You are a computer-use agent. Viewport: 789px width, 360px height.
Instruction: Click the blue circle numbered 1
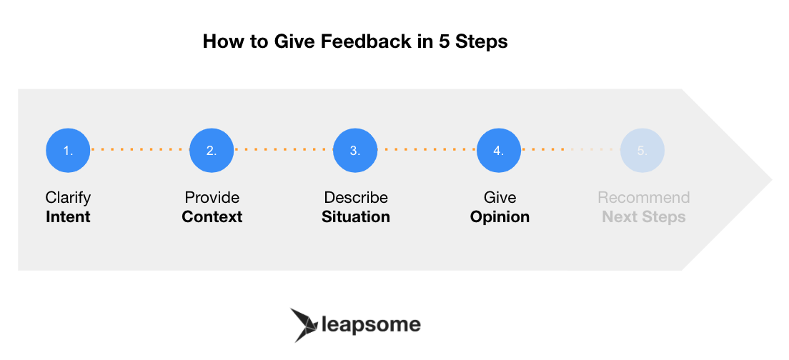pos(68,150)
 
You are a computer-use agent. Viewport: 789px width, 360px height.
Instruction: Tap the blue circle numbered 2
pos(212,150)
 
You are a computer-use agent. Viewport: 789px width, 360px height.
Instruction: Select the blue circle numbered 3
pos(355,150)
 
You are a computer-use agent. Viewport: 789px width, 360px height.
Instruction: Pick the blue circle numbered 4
pos(499,150)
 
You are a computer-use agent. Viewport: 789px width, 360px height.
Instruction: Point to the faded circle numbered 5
pos(642,150)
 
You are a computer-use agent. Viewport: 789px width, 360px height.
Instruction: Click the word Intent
pos(68,217)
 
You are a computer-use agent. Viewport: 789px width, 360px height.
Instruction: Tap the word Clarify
pos(68,198)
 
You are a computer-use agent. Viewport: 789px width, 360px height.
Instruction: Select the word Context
pos(212,217)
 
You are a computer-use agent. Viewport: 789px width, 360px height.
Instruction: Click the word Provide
pos(212,197)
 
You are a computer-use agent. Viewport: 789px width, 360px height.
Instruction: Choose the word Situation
pos(356,217)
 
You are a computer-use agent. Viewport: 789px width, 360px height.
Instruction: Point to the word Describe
pos(356,197)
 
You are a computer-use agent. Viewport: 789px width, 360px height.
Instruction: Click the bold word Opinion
pos(500,217)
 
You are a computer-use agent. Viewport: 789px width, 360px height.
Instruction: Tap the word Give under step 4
pos(500,197)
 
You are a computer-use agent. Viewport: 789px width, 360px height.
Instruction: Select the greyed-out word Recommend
pos(644,197)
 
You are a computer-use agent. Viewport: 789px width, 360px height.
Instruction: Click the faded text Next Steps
pos(644,217)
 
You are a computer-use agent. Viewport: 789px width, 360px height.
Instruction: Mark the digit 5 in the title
pos(443,41)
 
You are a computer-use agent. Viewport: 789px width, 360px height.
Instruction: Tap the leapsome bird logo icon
pos(304,325)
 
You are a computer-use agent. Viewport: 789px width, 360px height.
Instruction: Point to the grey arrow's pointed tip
pos(772,179)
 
